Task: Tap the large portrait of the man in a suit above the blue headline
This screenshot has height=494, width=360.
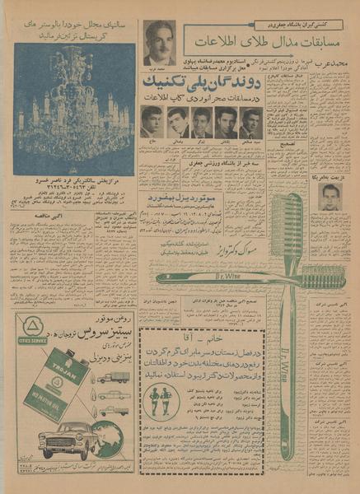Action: [x=159, y=43]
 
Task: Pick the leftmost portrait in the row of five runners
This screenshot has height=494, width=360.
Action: [x=151, y=122]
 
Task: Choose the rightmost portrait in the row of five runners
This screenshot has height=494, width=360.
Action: [x=250, y=122]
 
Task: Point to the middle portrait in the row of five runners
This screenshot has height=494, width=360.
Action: [x=201, y=122]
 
